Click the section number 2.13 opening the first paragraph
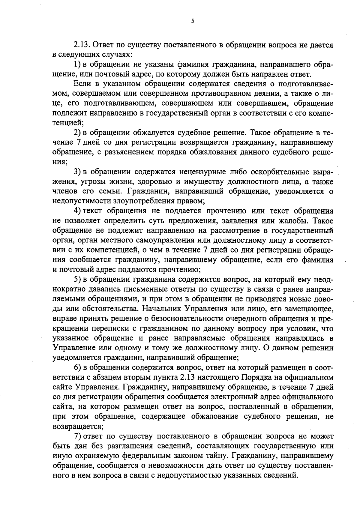[82, 45]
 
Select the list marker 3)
[77, 172]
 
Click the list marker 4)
[77, 211]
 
